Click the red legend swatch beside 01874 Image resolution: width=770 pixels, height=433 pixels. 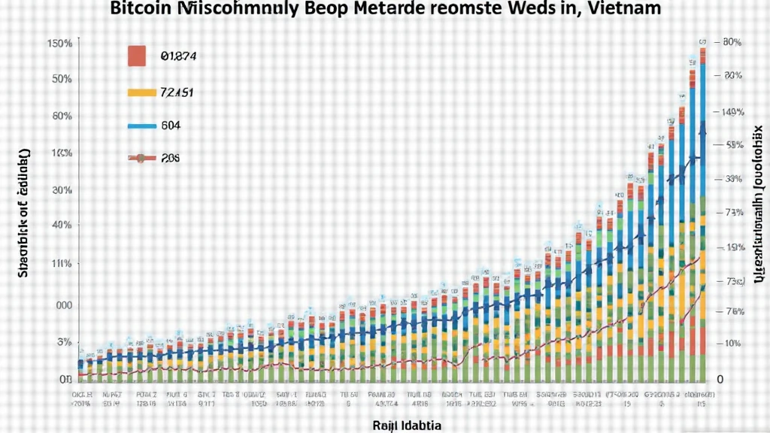(136, 55)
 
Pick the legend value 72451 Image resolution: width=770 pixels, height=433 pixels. (177, 92)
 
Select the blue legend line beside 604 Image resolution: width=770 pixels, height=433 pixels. (141, 126)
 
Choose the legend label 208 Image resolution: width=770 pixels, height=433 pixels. (171, 159)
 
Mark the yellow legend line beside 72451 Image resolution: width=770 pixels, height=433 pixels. (141, 93)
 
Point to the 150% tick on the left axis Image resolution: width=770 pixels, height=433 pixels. (59, 44)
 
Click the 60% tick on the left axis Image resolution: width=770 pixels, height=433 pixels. (62, 117)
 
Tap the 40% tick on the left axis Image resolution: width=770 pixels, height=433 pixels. (62, 225)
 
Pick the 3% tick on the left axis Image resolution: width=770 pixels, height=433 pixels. (65, 342)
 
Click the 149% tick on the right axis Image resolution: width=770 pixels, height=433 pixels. (731, 113)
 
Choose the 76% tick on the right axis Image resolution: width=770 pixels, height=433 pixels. (733, 311)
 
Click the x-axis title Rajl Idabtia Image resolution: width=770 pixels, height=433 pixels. (407, 425)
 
